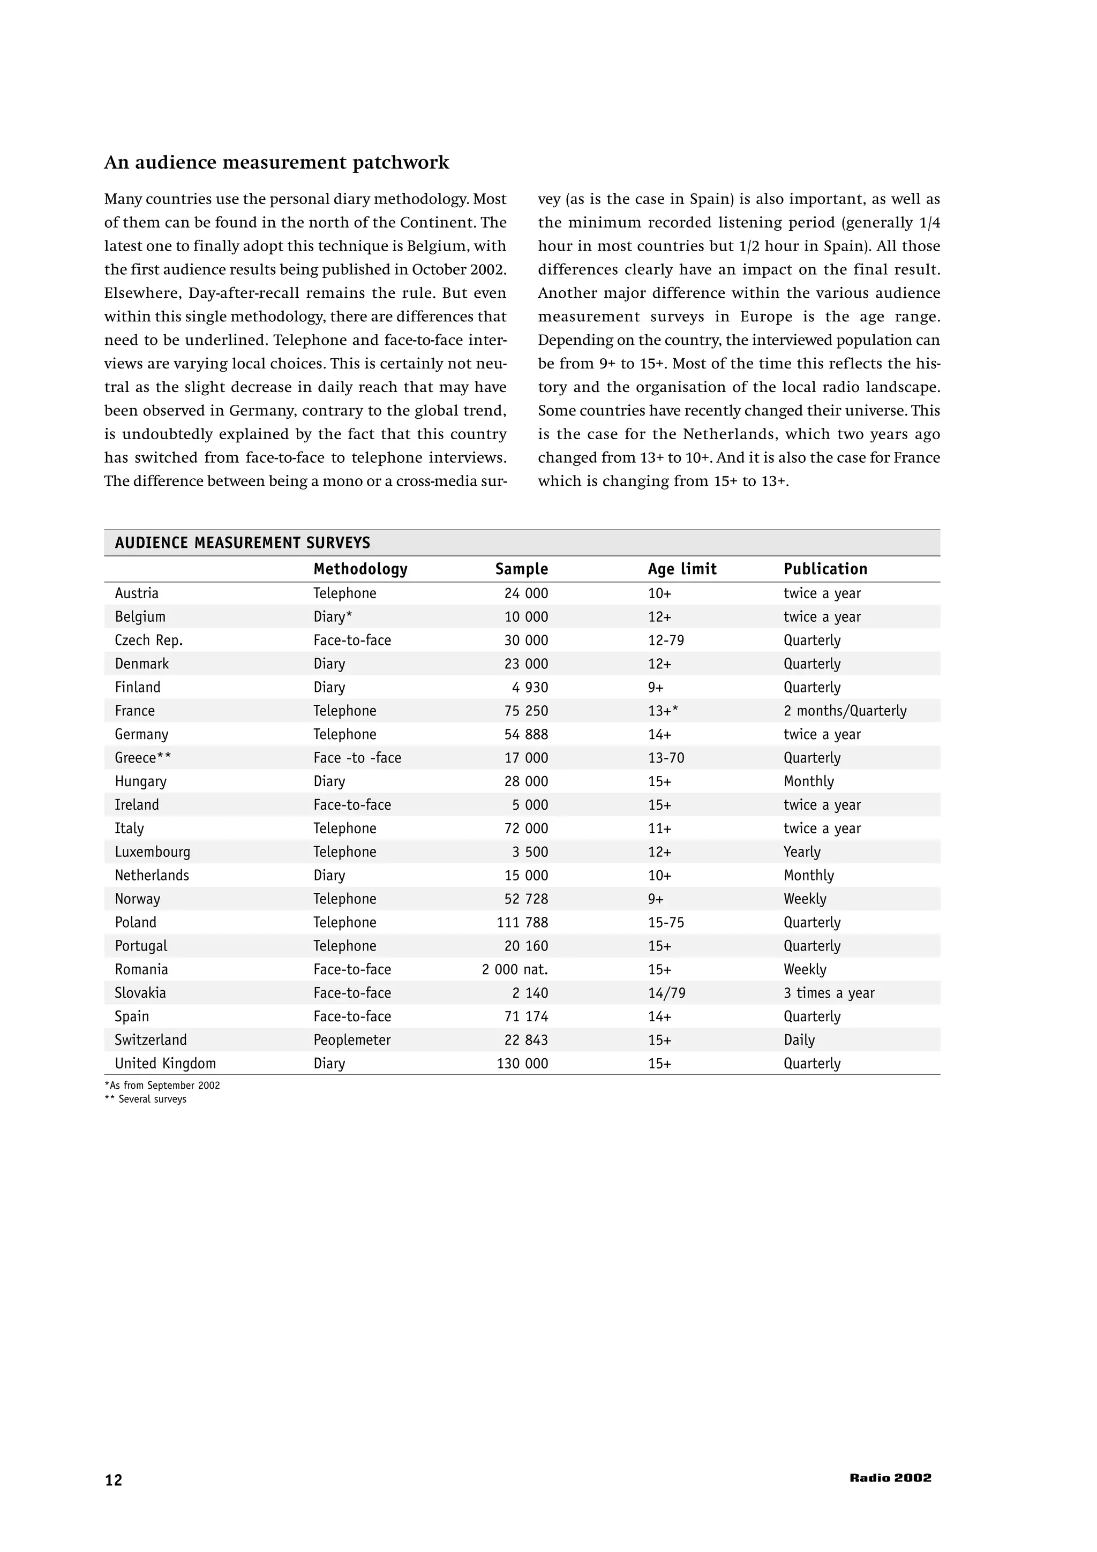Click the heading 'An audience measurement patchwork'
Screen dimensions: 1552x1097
point(276,163)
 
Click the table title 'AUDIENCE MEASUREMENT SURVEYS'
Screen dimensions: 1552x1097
point(242,543)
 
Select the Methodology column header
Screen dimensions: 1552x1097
point(360,569)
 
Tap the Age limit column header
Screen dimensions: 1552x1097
point(682,569)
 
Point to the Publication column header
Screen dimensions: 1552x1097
point(825,569)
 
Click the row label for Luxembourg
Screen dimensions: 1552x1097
point(152,852)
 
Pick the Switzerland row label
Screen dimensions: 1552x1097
point(151,1039)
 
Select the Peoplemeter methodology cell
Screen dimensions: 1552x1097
point(351,1039)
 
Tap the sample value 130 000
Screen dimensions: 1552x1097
point(522,1063)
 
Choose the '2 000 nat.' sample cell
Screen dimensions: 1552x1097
point(515,969)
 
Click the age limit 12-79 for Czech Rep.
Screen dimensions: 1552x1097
point(666,640)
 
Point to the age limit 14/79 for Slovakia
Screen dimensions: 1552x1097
point(666,993)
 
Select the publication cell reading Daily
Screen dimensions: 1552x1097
point(799,1039)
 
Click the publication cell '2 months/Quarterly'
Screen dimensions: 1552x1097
point(845,711)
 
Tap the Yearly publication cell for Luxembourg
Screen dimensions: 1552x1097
point(802,852)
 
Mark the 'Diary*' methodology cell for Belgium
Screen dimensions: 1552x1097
point(333,616)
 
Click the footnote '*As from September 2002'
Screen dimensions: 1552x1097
point(162,1086)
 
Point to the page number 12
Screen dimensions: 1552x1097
point(114,1480)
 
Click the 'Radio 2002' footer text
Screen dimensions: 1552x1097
point(890,1478)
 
